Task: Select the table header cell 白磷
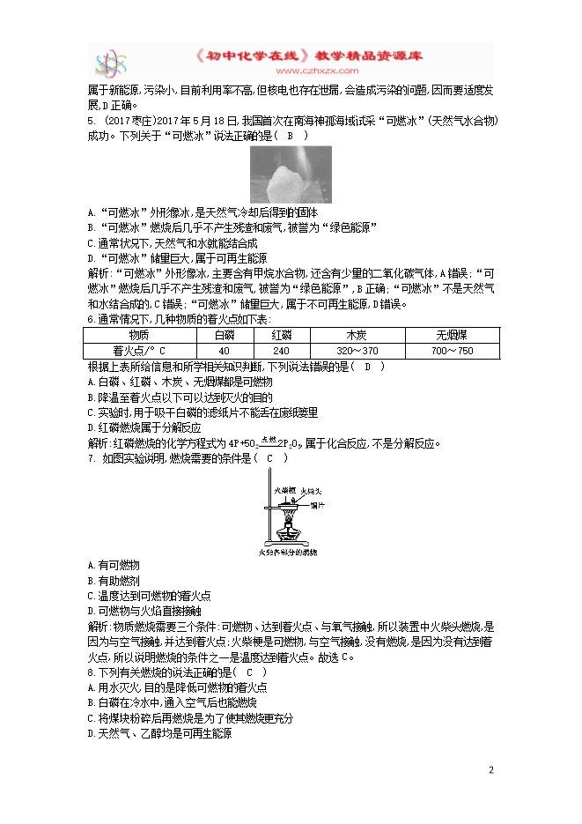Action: (225, 335)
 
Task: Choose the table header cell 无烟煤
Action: (452, 335)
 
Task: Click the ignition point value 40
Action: (225, 350)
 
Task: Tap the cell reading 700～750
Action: (452, 350)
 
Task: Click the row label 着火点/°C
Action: (140, 350)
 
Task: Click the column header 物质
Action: (140, 335)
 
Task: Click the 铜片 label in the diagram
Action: (319, 507)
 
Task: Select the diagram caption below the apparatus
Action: (287, 553)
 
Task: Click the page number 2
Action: (491, 770)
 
